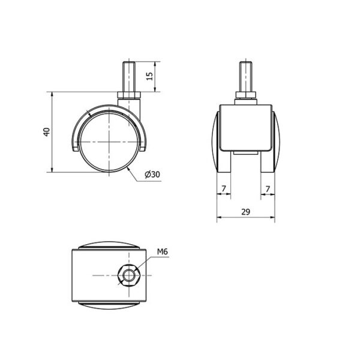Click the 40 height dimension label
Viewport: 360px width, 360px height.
point(47,132)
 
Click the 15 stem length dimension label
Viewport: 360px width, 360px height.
point(149,76)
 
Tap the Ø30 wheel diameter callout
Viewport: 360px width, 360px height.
point(152,175)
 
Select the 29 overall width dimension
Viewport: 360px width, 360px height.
point(245,212)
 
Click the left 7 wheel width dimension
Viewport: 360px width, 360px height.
point(223,189)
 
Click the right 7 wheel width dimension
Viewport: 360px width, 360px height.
point(268,189)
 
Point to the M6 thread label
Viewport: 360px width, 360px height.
point(163,251)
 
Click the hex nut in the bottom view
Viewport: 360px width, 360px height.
point(129,275)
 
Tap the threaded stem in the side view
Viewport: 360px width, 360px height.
point(128,77)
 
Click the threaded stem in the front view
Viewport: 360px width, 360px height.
point(245,77)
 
